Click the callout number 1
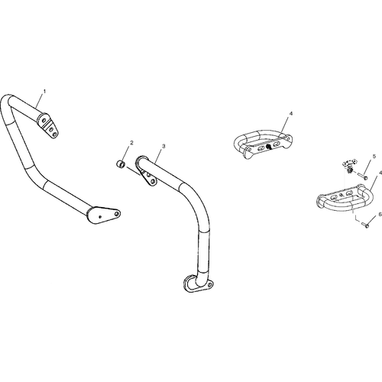point(44,91)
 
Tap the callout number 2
point(131,143)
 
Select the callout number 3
point(163,146)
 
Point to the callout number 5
point(374,157)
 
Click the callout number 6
point(380,215)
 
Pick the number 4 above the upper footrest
point(291,113)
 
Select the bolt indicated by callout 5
point(363,176)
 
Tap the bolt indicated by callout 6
point(365,225)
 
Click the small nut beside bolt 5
point(351,170)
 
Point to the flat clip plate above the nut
point(350,162)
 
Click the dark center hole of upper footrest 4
point(268,146)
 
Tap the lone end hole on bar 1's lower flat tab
point(117,214)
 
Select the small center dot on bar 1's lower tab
point(100,217)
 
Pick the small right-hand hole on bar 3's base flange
point(209,284)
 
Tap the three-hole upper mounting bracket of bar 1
point(48,125)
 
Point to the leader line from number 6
point(372,220)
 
